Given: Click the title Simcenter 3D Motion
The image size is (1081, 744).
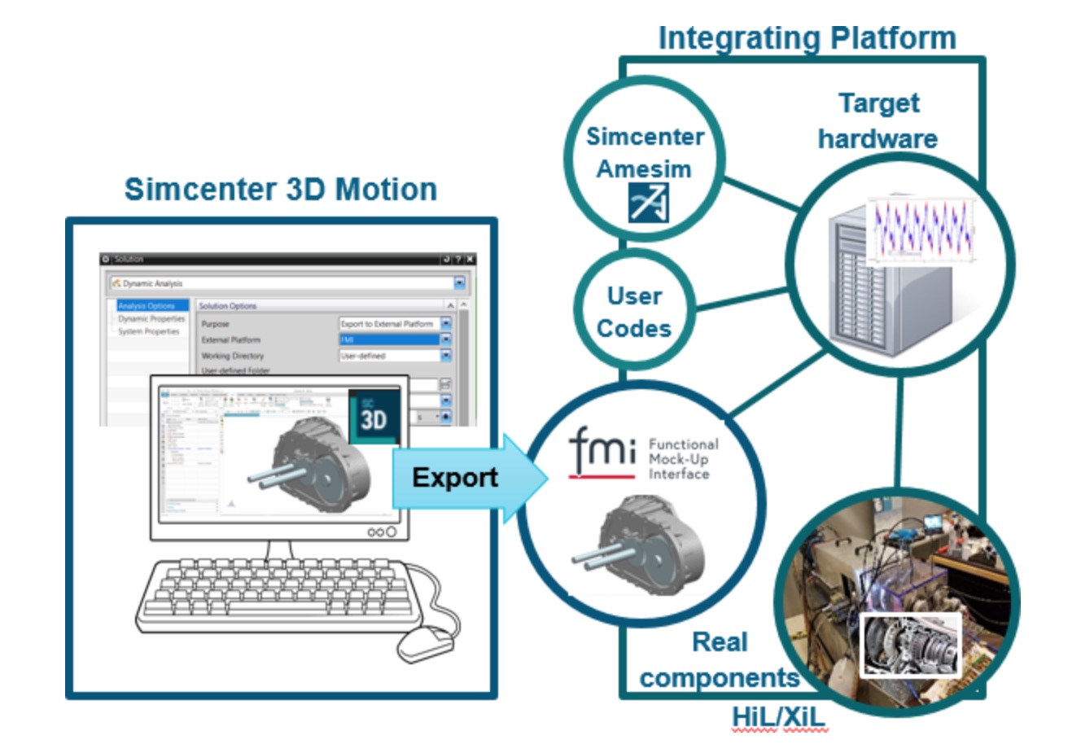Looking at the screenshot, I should [x=280, y=189].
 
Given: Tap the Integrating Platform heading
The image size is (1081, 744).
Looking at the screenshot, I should [x=806, y=37].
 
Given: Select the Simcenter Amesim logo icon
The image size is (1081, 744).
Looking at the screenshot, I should [x=648, y=203].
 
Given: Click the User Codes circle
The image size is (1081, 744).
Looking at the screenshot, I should [x=634, y=312].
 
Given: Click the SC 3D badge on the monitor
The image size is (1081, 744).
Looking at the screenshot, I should [x=374, y=416].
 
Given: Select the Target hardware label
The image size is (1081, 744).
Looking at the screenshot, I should [x=877, y=120].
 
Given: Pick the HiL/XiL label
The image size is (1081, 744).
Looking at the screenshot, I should [x=778, y=717].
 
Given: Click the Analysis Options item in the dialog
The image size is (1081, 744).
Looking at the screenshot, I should [x=147, y=306].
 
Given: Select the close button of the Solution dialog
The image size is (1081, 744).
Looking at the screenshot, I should [x=470, y=259].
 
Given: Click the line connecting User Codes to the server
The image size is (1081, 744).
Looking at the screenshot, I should [x=741, y=299].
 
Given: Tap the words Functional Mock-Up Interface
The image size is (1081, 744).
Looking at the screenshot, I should [x=682, y=459].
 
